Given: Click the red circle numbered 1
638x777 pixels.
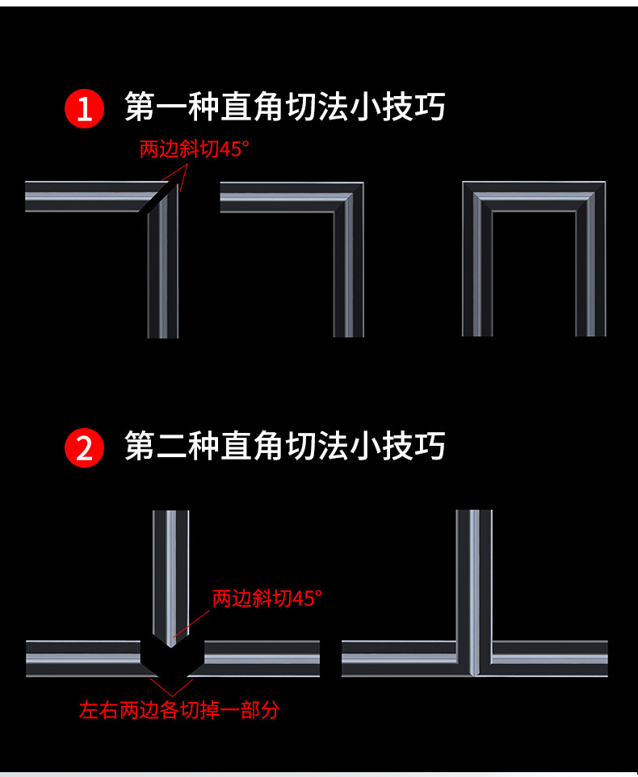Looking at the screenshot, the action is [x=85, y=109].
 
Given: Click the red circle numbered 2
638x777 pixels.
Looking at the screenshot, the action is [x=85, y=448].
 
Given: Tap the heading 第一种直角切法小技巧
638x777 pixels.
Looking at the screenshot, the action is [x=284, y=107].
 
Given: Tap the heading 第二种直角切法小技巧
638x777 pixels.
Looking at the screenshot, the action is [x=284, y=446].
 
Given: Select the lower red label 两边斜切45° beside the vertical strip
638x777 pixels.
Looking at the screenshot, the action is [x=267, y=598].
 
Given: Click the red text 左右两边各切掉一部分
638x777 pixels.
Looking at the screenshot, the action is [x=179, y=710].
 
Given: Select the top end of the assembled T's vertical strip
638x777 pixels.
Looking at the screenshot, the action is [x=474, y=514].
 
